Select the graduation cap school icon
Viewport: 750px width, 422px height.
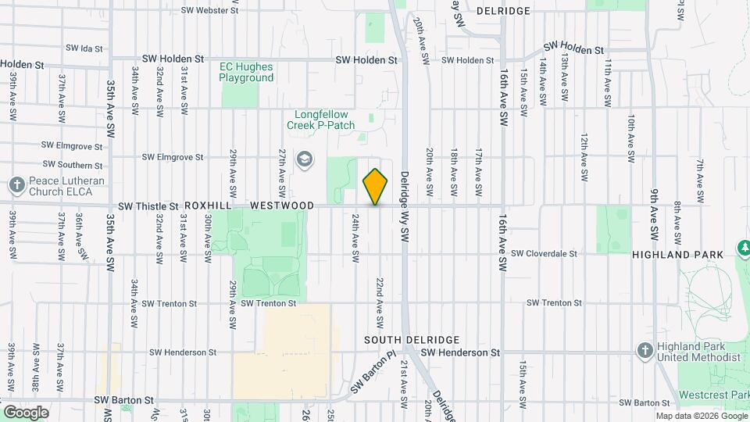(304, 160)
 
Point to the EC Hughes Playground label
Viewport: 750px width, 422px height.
(246, 72)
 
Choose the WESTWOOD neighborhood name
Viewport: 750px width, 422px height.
(281, 206)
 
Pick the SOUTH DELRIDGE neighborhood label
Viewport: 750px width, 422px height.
(412, 340)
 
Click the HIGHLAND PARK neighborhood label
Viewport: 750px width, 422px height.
(673, 255)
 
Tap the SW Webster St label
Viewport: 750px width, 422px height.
(209, 11)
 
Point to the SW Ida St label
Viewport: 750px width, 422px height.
(84, 48)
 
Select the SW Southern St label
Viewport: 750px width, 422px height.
(73, 165)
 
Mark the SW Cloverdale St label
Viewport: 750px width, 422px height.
(544, 253)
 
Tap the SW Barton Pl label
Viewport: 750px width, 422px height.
(370, 374)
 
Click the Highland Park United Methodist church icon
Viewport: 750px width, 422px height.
(645, 349)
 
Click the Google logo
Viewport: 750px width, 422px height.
(26, 413)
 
